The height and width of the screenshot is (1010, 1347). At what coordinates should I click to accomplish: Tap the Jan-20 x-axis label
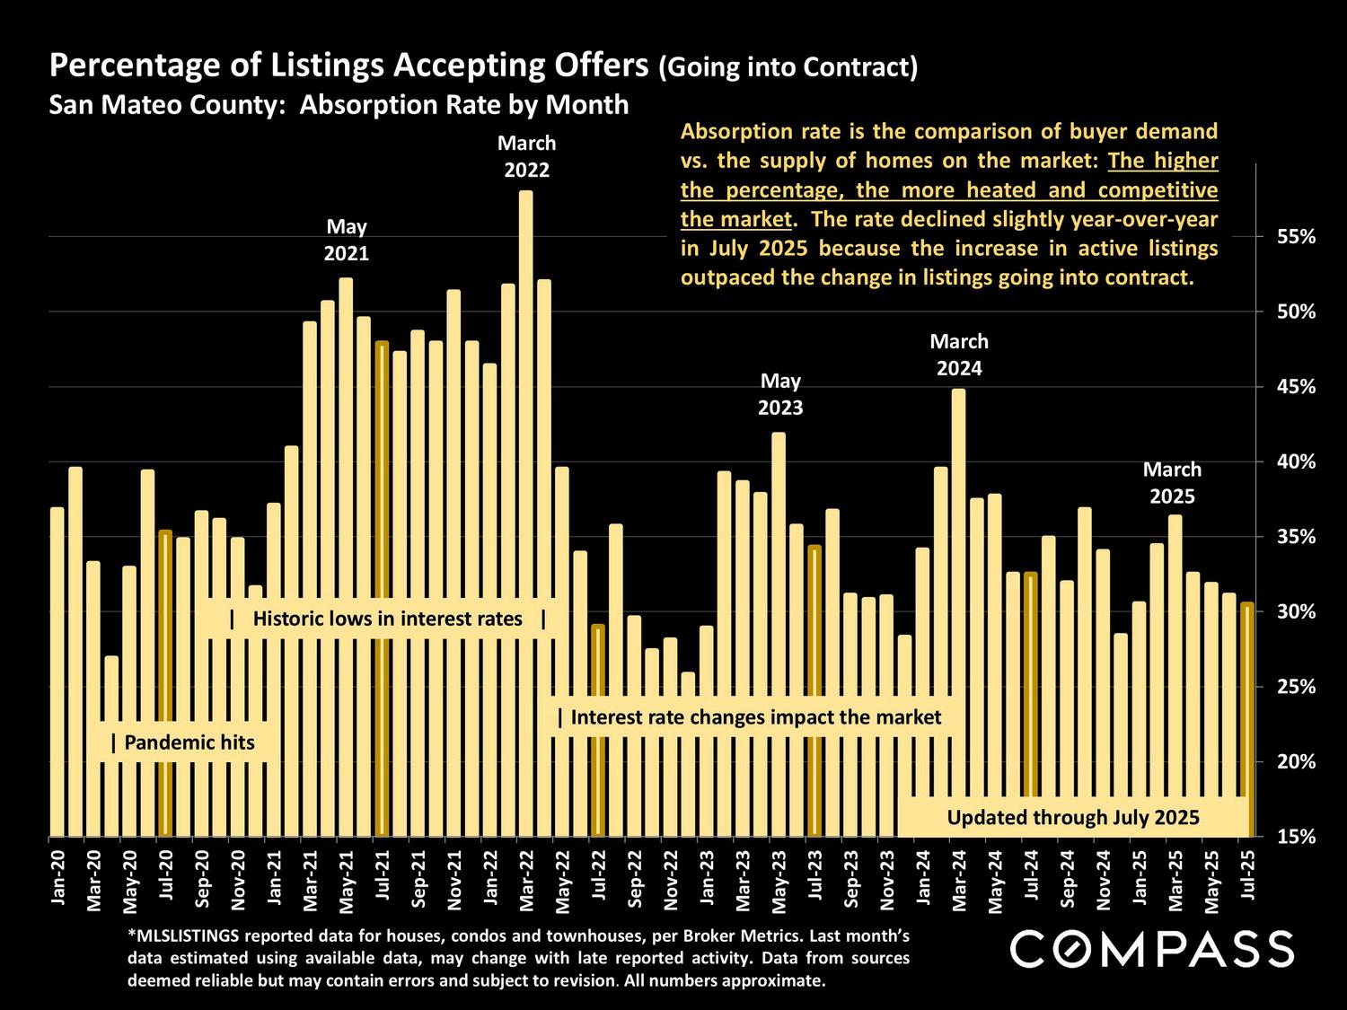point(57,881)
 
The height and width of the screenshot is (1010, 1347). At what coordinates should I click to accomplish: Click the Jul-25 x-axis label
point(1246,881)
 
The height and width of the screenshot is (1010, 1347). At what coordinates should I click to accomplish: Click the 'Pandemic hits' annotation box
point(183,742)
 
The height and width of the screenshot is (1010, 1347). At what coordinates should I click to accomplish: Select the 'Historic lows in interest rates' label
point(388,619)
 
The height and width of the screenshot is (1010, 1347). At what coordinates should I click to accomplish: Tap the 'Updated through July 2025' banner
point(1073,817)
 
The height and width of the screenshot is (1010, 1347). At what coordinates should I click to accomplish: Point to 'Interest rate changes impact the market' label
point(749,717)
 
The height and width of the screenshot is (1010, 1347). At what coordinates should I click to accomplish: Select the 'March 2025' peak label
point(1172,483)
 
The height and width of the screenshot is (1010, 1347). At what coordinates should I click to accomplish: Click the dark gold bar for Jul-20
point(165,682)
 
